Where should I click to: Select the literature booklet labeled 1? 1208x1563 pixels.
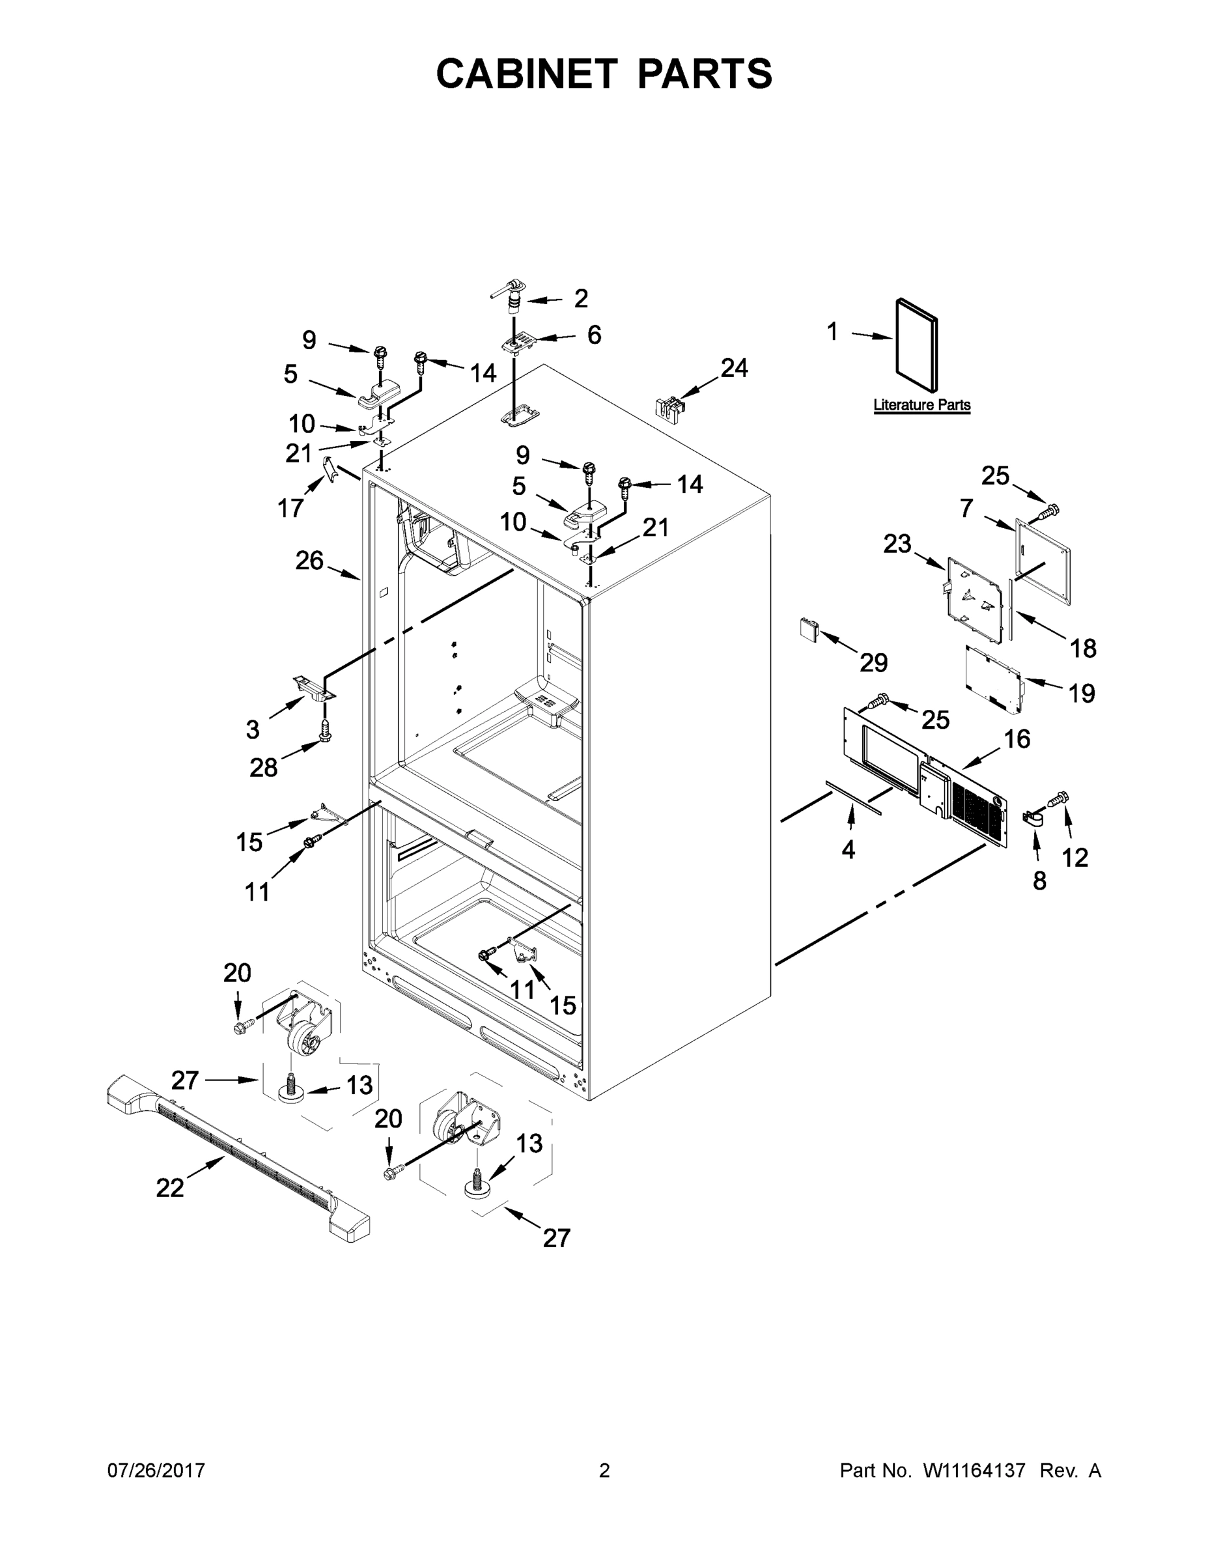(916, 345)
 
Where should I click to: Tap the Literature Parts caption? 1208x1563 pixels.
(921, 405)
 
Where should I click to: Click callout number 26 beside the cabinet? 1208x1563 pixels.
(309, 560)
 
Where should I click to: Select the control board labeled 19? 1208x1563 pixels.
(993, 680)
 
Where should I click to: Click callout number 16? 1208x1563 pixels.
(1017, 739)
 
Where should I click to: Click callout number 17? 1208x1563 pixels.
(290, 508)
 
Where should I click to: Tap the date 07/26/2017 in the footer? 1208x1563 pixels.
(156, 1470)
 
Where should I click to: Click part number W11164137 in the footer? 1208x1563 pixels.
(974, 1470)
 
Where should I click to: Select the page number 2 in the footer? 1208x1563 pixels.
(604, 1470)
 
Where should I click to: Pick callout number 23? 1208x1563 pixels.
(897, 544)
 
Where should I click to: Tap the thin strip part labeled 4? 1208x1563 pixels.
(854, 797)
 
